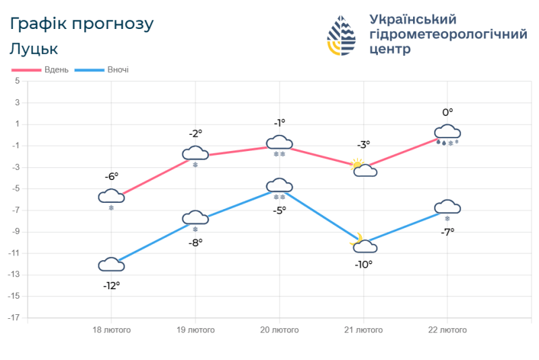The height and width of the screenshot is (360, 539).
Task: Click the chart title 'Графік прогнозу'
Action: (82, 24)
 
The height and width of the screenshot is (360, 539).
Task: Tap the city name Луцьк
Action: (34, 49)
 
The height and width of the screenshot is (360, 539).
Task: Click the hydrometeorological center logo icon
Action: (342, 36)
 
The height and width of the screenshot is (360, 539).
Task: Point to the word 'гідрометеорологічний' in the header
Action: (448, 34)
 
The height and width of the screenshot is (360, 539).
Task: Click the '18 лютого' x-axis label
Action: (111, 330)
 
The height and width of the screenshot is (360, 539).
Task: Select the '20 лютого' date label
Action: (280, 330)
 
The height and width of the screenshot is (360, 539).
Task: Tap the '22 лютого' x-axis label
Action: (447, 330)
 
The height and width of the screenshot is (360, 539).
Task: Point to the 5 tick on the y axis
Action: (17, 82)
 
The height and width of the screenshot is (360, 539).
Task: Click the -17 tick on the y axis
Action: (15, 318)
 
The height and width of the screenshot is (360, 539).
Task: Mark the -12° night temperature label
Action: (111, 286)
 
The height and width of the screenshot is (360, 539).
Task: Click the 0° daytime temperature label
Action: (447, 113)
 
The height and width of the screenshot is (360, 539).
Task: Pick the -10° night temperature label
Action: (363, 264)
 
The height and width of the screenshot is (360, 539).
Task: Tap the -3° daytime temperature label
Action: (363, 144)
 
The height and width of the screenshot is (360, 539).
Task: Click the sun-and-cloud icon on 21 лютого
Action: (364, 168)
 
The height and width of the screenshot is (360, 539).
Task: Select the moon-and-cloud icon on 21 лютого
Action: (364, 244)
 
